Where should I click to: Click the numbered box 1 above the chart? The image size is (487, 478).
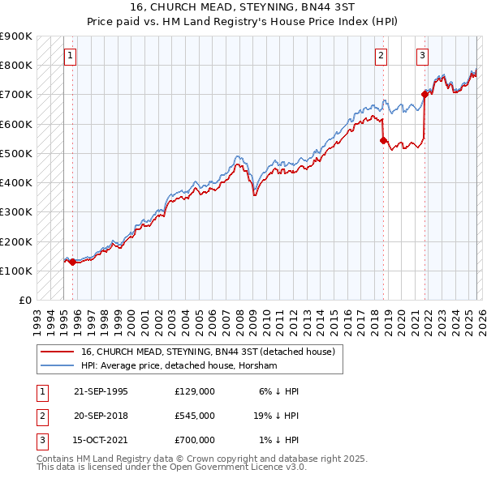point(71,56)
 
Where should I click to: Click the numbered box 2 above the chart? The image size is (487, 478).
point(380,56)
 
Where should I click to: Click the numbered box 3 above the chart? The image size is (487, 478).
point(422,56)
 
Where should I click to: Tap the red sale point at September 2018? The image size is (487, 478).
point(384,140)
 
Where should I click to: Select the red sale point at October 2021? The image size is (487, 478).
point(425,94)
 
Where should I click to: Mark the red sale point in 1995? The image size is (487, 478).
point(72,262)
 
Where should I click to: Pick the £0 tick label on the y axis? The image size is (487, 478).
point(25,300)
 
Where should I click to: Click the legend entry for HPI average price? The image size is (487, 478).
point(179,366)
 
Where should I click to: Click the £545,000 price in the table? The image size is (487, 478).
point(194,416)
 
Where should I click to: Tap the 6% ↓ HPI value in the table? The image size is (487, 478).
point(280,391)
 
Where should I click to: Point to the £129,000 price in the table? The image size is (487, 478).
point(194,391)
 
